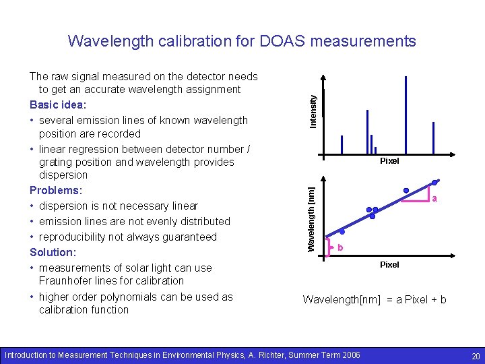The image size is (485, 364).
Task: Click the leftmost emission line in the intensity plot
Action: (342, 145)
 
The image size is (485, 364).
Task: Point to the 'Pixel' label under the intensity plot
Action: (389, 161)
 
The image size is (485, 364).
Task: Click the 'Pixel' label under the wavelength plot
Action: (389, 265)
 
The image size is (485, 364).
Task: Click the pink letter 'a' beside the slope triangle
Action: (435, 199)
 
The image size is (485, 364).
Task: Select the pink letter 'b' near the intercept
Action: (340, 248)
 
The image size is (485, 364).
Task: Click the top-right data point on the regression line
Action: (436, 182)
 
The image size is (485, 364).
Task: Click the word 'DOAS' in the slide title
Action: (279, 41)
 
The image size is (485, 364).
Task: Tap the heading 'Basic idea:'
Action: (58, 105)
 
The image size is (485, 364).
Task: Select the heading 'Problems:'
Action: (55, 190)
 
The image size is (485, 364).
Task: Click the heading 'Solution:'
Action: (53, 252)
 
